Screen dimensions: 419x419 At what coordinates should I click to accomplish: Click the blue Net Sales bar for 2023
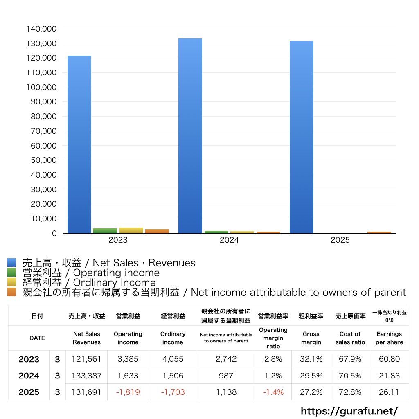coord(79,144)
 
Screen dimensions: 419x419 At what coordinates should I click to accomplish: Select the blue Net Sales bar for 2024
coord(190,136)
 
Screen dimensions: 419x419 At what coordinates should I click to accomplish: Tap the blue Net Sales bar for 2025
coord(302,137)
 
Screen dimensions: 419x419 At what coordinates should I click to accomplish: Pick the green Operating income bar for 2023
coord(105,231)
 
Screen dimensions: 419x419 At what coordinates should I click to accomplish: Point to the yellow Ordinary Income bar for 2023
coord(131,230)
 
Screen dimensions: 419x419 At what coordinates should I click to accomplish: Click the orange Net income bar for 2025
coord(379,232)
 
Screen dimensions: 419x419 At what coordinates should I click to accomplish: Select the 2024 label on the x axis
coord(229,240)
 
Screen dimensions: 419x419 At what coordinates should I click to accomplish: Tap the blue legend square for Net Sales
coord(11,263)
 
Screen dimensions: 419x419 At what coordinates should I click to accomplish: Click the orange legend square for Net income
coord(11,292)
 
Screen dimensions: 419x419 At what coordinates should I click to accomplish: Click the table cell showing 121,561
coord(86,359)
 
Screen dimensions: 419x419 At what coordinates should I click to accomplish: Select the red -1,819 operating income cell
coord(128,392)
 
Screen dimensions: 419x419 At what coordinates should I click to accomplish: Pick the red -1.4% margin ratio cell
coord(273,392)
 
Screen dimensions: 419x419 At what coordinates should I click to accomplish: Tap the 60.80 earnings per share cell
coord(389,359)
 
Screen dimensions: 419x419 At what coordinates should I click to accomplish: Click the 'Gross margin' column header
coord(311,338)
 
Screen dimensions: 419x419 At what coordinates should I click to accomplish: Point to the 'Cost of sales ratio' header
coord(350,338)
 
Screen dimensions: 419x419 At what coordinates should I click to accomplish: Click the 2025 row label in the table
coord(29,392)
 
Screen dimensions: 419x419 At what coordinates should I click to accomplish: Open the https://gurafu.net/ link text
coord(349,411)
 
